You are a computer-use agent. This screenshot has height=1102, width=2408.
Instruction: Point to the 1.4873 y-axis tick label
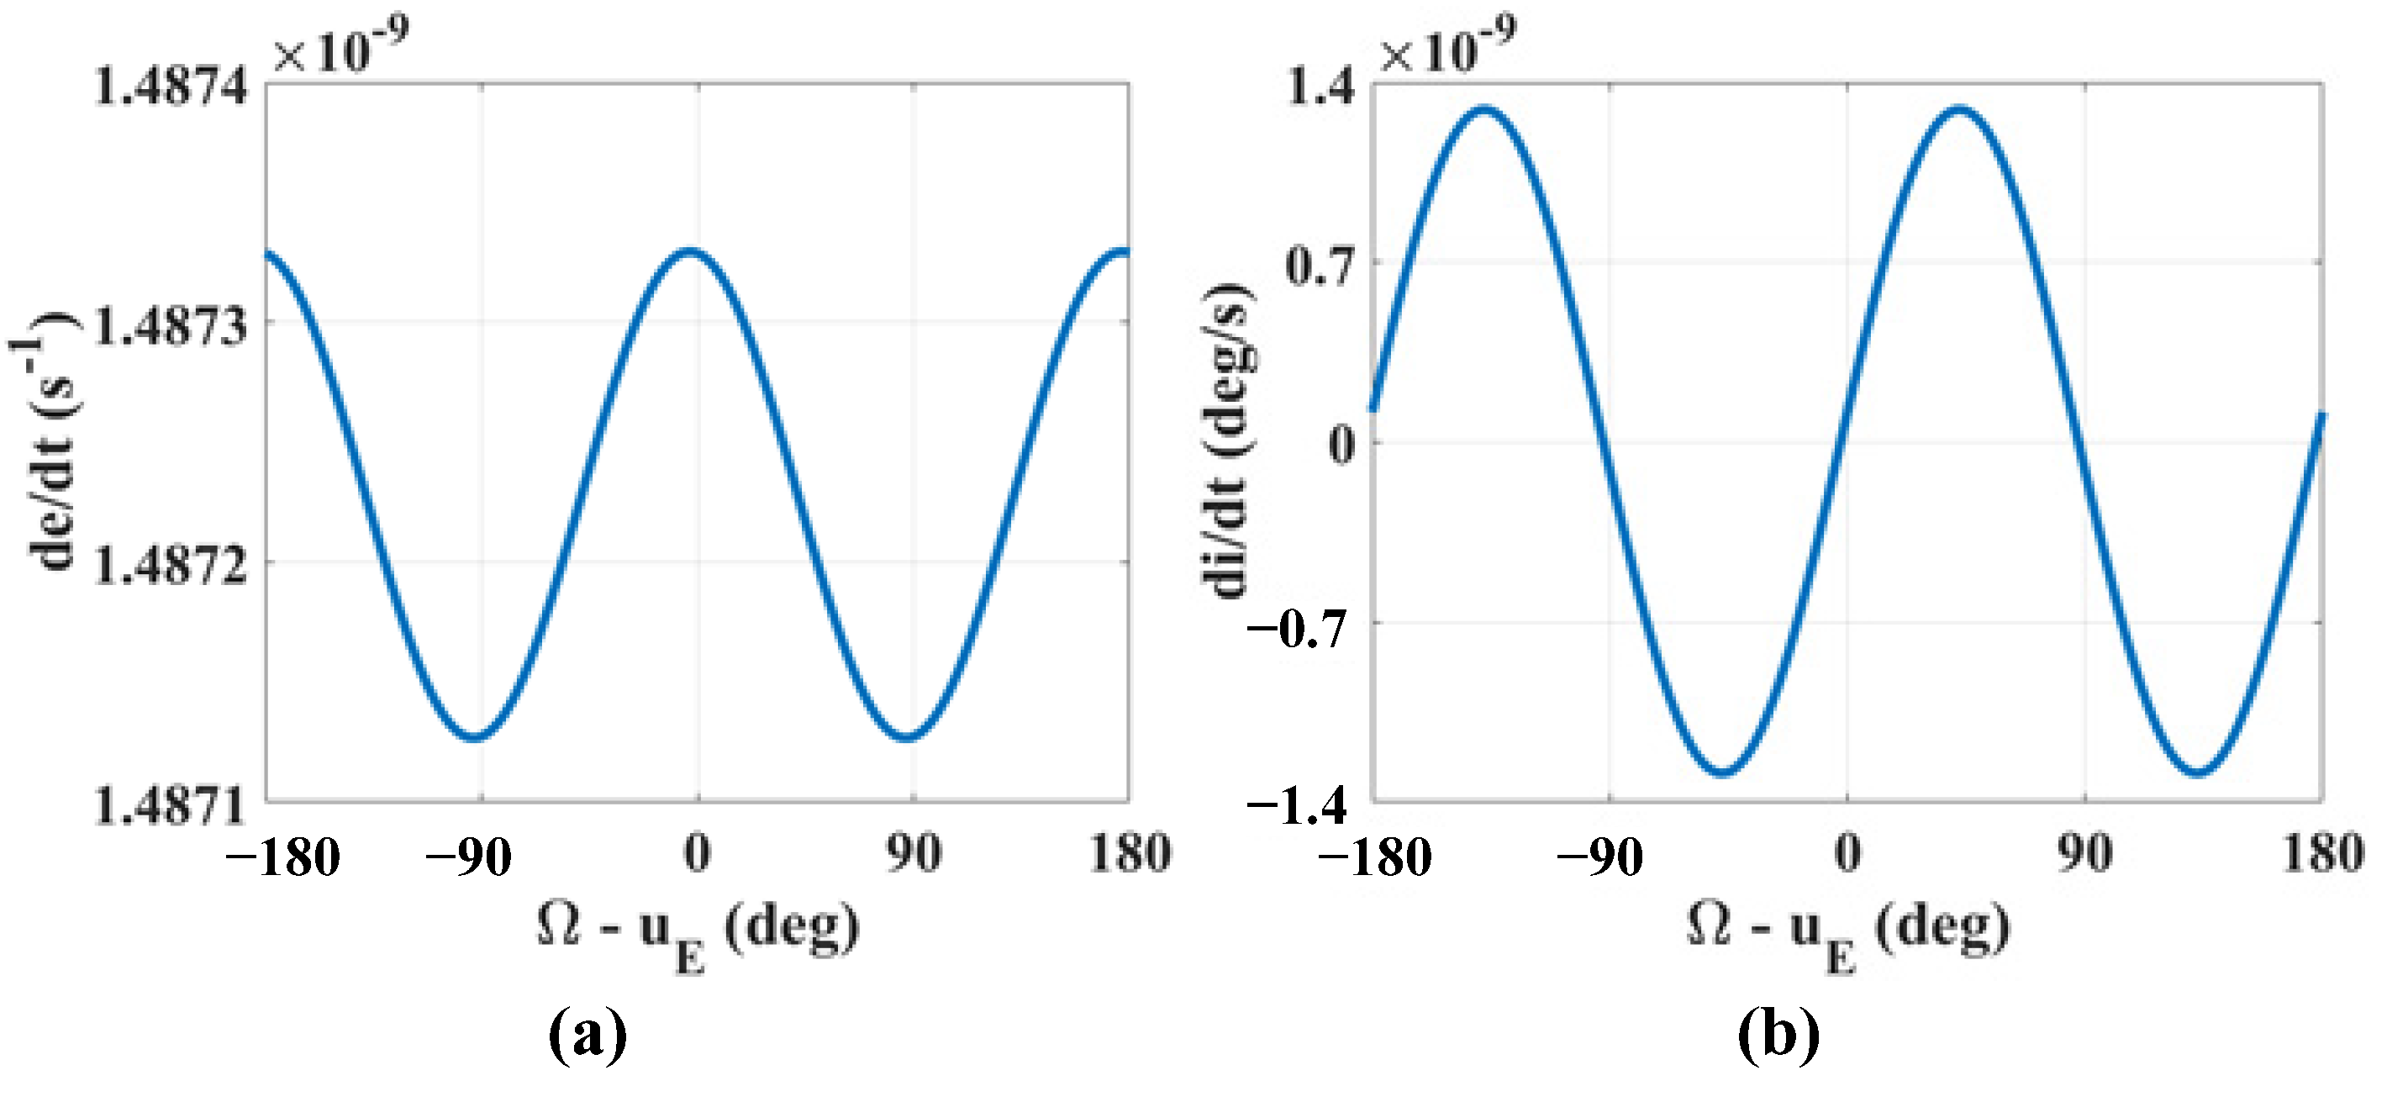172,326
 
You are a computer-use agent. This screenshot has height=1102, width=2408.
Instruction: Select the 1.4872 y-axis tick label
172,566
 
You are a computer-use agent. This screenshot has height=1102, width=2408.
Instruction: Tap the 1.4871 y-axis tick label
172,806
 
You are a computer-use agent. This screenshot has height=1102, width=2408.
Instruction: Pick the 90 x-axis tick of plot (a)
914,853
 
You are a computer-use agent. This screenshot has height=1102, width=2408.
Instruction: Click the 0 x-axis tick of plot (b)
1847,853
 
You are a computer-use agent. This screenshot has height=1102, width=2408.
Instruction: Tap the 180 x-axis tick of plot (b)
2323,853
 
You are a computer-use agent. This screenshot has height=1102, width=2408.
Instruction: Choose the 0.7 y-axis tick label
1319,267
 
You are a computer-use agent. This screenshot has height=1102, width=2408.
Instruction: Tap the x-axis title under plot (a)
698,930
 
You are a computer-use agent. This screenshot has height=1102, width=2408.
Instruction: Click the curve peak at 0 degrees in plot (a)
693,252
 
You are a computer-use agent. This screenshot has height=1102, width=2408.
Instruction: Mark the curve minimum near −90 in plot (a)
477,737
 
